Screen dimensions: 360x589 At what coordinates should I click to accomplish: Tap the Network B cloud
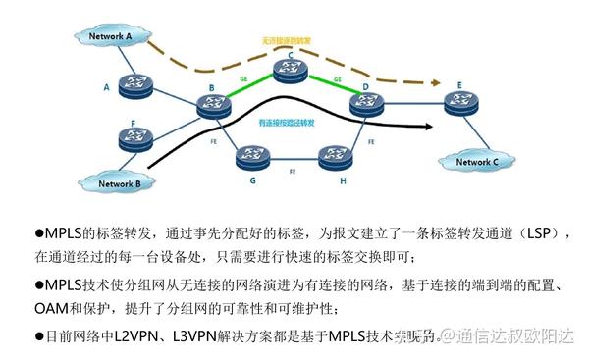(x=117, y=182)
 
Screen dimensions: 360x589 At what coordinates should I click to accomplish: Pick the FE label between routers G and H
(x=292, y=171)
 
